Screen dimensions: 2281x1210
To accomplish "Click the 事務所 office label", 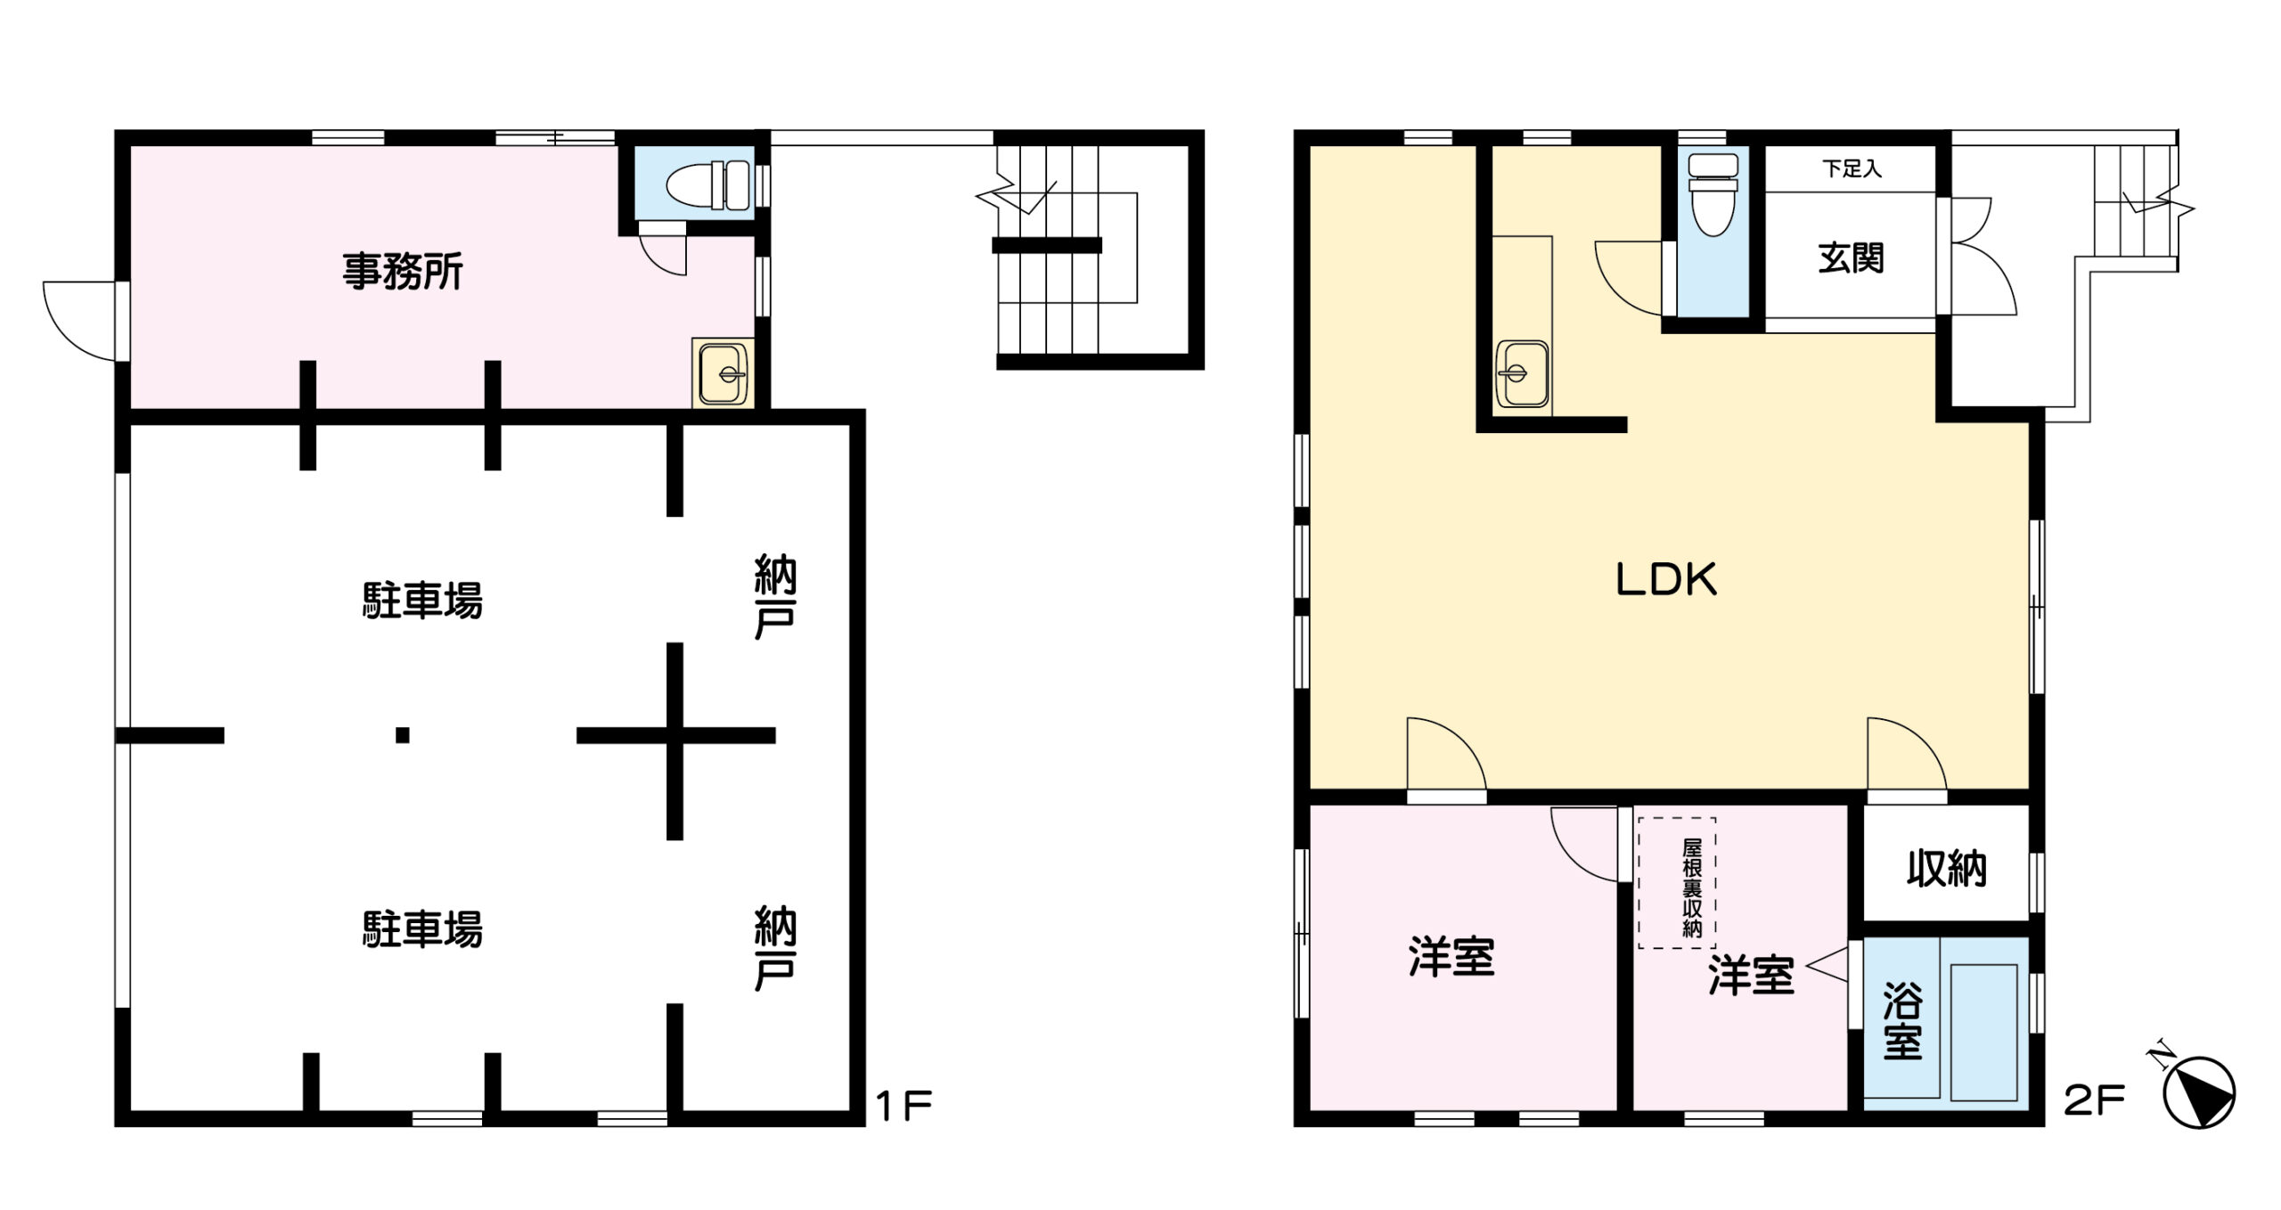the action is pos(403,272).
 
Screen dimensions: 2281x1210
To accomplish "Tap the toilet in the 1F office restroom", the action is pos(708,185).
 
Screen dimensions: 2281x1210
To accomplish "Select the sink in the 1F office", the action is pos(724,372).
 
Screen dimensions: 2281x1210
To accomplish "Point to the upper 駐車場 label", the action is pos(422,601).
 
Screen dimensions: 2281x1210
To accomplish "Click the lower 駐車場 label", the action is pos(422,930).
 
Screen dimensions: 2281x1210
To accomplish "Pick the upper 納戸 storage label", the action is pos(774,597).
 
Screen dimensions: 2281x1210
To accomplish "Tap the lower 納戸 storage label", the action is pos(774,949).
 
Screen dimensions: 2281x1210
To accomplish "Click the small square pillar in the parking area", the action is pos(403,735).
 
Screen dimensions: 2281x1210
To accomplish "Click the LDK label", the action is pos(1666,579).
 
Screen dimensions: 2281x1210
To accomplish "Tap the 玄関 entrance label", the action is pos(1851,258).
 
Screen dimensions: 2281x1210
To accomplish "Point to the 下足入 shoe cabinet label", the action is pos(1852,168).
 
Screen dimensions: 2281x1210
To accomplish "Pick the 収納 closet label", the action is pos(1946,869).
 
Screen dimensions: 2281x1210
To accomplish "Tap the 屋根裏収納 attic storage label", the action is pos(1692,887).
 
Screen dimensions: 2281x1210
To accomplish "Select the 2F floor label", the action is pos(2094,1102).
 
